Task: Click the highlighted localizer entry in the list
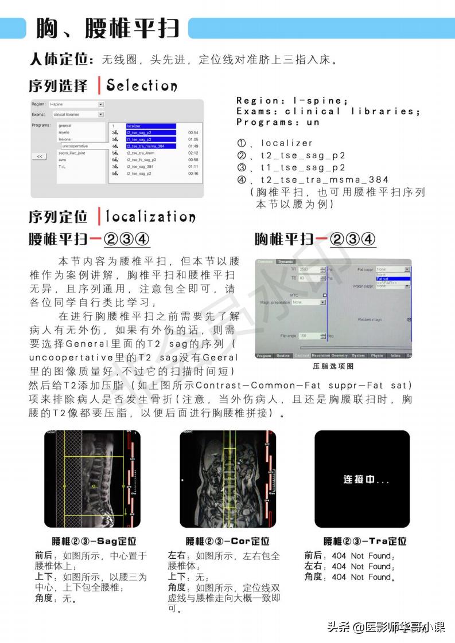(x=150, y=126)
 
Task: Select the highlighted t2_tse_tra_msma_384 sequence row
(x=151, y=146)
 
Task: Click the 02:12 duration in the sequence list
(x=193, y=153)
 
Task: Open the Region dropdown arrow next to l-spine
(x=101, y=104)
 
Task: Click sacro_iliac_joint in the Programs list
(x=72, y=153)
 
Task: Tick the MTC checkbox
(x=324, y=296)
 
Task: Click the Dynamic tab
(x=285, y=262)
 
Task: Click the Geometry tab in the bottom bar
(x=340, y=355)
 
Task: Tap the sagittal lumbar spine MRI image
(x=92, y=479)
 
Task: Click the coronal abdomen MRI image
(x=228, y=479)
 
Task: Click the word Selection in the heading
(x=142, y=86)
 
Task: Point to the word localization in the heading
(x=150, y=217)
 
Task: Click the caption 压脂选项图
(x=333, y=366)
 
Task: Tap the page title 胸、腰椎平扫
(x=108, y=28)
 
